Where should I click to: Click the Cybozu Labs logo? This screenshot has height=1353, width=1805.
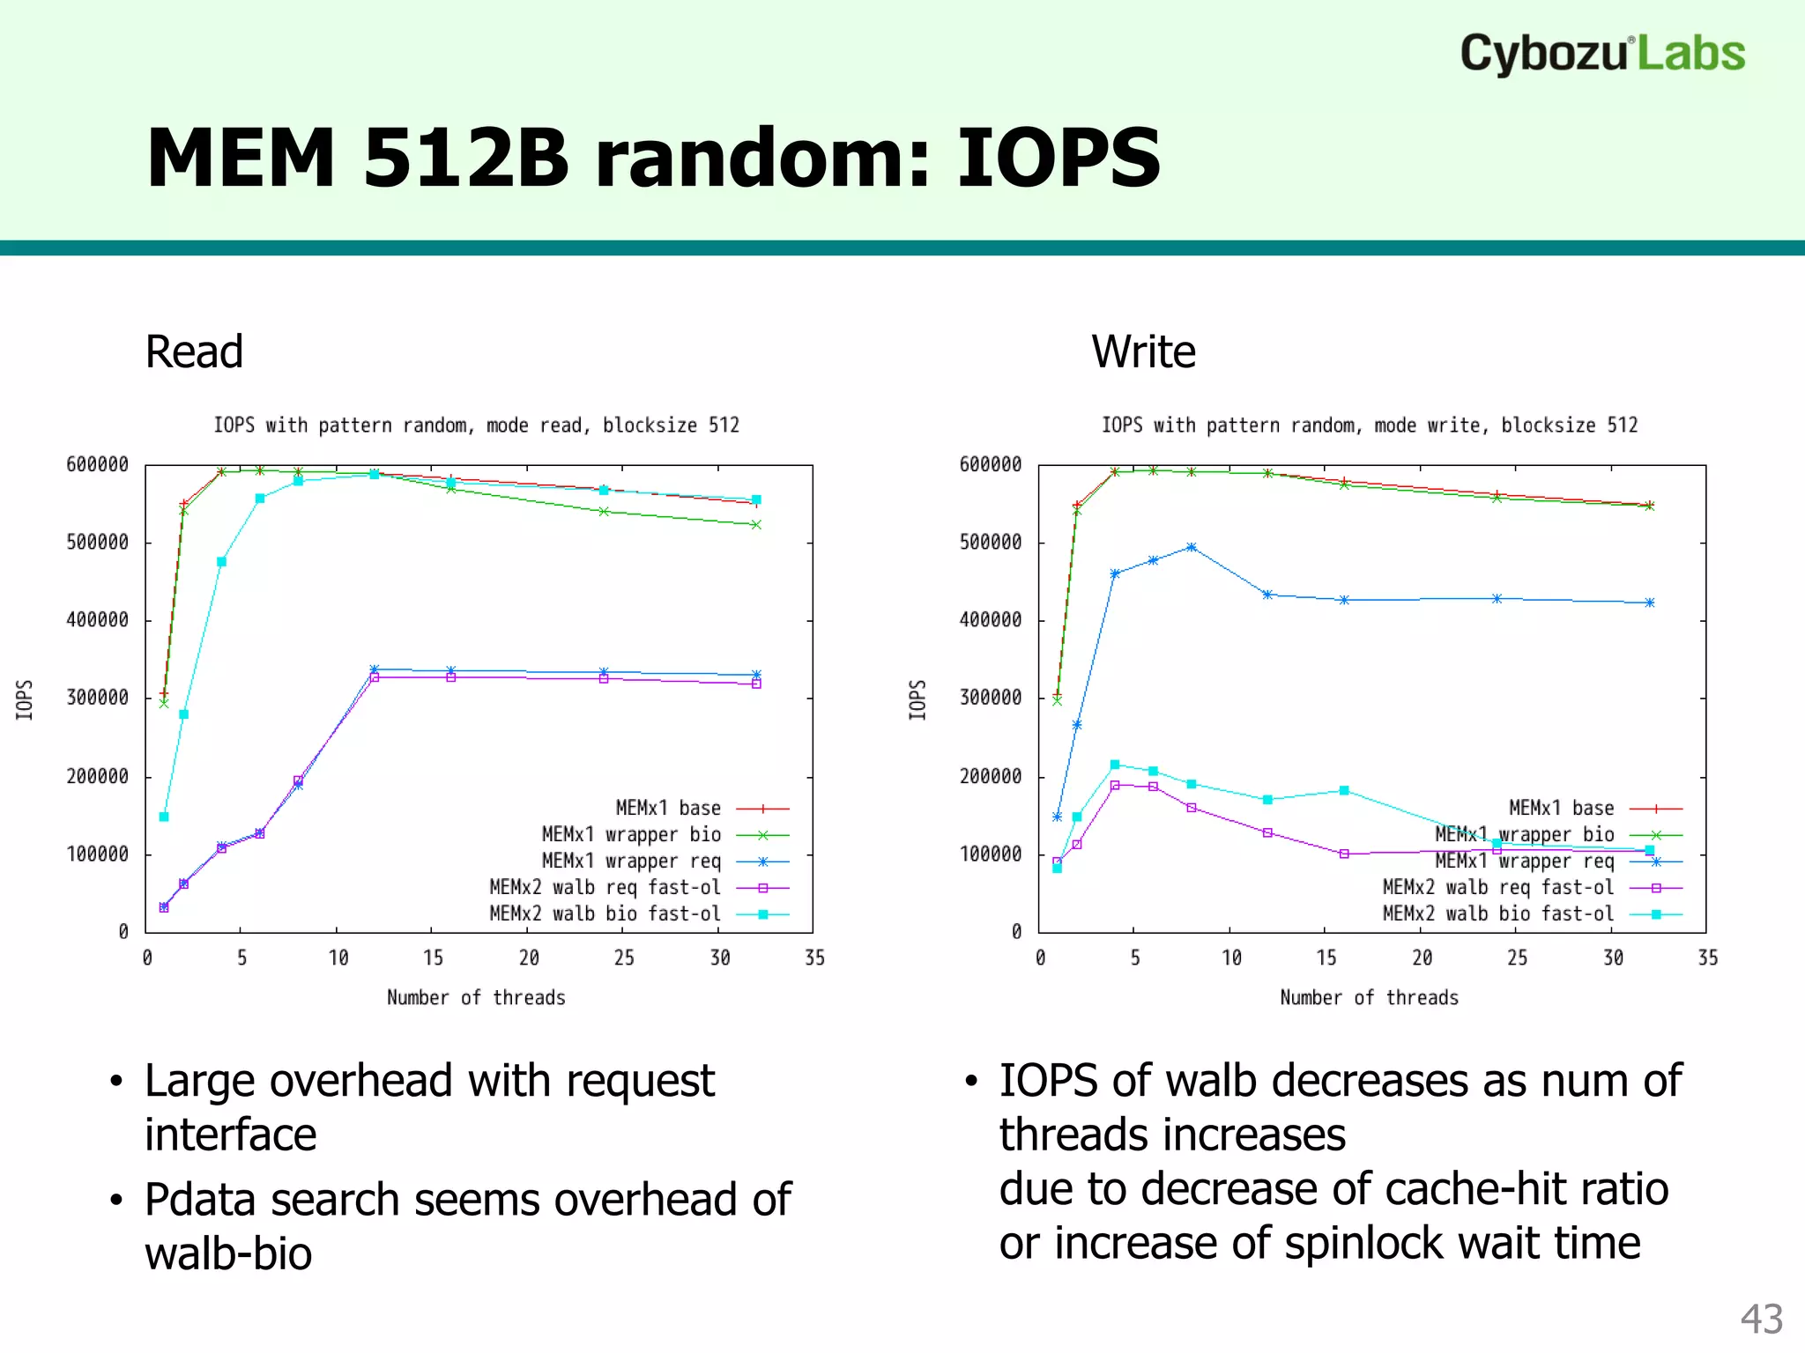coord(1601,54)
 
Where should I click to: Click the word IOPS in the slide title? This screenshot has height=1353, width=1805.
coord(1058,159)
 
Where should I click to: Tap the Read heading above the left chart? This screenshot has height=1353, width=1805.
coord(194,352)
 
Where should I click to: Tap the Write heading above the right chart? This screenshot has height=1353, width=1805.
coord(1143,352)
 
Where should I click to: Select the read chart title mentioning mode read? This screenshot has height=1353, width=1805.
coord(476,425)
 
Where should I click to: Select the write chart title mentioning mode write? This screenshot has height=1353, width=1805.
coord(1369,425)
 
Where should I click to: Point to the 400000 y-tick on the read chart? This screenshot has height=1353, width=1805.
coord(97,620)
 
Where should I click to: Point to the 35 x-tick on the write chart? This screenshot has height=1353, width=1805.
coord(1707,957)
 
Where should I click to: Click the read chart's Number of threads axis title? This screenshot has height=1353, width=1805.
coord(476,997)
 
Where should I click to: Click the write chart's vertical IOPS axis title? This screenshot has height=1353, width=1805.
coord(917,699)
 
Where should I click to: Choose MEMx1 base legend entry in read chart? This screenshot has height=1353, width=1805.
coord(668,808)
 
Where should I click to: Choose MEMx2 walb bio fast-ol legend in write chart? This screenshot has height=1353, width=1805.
coord(1498,914)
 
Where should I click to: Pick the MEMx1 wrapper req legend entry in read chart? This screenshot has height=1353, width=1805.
coord(631,861)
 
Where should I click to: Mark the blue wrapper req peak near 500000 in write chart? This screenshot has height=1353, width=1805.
coord(1192,547)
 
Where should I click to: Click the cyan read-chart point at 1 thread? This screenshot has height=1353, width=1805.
coord(164,817)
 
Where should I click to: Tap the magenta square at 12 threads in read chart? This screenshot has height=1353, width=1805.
coord(375,677)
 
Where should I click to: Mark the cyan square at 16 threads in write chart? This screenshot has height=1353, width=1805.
coord(1344,790)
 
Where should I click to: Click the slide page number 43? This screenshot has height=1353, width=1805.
coord(1761,1319)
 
